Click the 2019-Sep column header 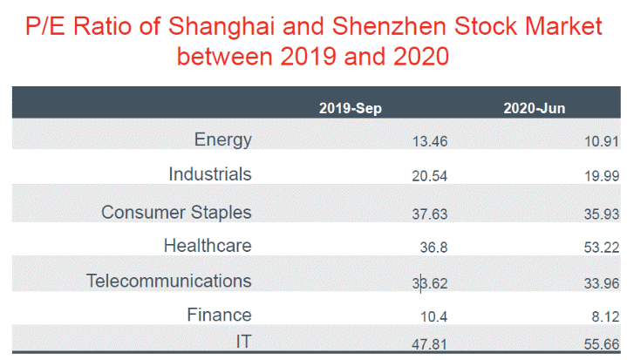[x=351, y=108]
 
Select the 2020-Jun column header [x=535, y=108]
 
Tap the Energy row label [x=222, y=139]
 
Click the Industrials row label [x=210, y=174]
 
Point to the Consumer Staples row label [x=176, y=212]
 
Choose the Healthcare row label [x=208, y=245]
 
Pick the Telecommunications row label [x=169, y=281]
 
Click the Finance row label [x=219, y=315]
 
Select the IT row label [x=243, y=342]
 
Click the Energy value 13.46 [x=430, y=141]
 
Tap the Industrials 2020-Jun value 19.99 [x=602, y=176]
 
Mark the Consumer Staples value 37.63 [x=430, y=214]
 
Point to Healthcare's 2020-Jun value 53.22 [x=602, y=248]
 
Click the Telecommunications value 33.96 [x=602, y=283]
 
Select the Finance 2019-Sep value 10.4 [x=434, y=316]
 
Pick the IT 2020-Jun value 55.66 [x=602, y=344]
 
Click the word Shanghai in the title [x=221, y=27]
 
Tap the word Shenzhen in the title [x=389, y=26]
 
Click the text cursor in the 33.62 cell [x=420, y=283]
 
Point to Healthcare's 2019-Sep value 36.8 [x=434, y=248]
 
